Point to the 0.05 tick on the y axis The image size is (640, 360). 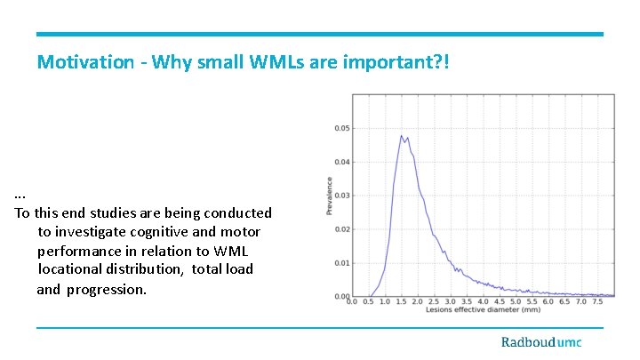[341, 128]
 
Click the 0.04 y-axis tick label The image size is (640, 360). [341, 162]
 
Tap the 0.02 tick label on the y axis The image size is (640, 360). [341, 229]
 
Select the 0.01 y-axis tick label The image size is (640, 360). [341, 263]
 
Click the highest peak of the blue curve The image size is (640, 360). [401, 136]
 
